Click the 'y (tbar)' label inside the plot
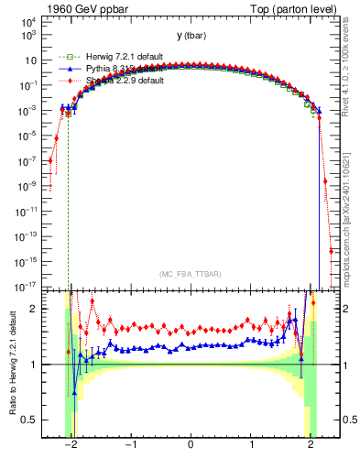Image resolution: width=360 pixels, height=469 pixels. tap(191, 36)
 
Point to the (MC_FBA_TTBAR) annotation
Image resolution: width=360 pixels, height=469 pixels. tap(191, 273)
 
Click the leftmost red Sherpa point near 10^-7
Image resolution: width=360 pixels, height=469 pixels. tap(50, 161)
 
